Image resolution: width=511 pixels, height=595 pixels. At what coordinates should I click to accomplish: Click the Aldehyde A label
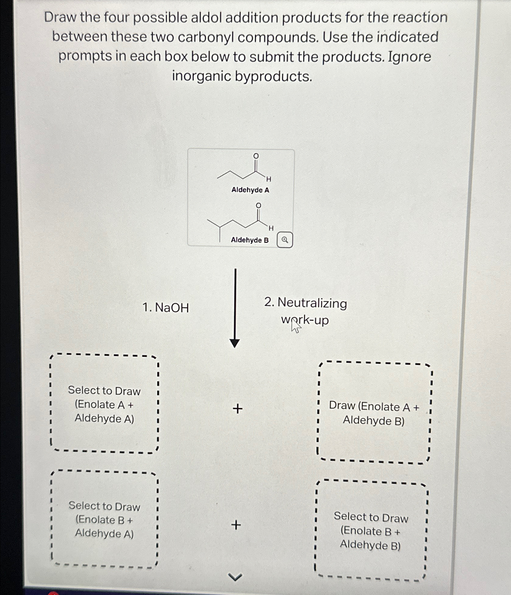[x=250, y=190]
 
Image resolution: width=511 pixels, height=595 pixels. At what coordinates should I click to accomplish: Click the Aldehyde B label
[x=250, y=240]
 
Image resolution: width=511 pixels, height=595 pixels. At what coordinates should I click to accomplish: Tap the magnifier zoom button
[x=285, y=240]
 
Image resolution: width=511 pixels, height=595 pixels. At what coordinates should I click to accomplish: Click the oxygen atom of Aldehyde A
[x=256, y=156]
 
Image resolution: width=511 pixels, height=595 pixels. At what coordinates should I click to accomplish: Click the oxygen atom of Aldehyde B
[x=258, y=206]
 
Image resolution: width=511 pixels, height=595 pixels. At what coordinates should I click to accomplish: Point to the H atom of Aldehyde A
[x=269, y=179]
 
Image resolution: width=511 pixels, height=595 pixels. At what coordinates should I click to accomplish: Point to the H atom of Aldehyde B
[x=271, y=228]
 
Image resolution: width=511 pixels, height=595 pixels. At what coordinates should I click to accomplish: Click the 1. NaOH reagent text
[x=166, y=308]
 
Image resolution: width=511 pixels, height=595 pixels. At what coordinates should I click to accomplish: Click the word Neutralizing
[x=312, y=303]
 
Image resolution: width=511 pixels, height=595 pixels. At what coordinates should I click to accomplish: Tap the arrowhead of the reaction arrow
[x=235, y=343]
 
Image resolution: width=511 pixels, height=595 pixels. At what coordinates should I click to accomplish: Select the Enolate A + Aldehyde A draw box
[x=104, y=404]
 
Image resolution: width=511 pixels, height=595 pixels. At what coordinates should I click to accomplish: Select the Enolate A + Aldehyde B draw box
[x=374, y=413]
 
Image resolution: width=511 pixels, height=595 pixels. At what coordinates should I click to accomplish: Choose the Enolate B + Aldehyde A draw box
[x=104, y=519]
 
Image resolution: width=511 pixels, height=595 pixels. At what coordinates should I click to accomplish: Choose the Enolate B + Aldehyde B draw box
[x=371, y=531]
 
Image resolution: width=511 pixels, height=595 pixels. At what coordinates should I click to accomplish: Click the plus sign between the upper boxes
[x=238, y=409]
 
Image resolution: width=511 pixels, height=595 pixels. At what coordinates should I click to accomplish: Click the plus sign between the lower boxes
[x=236, y=525]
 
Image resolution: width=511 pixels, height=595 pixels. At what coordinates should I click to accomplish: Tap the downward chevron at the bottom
[x=235, y=577]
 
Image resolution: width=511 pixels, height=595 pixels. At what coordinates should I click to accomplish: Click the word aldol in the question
[x=207, y=18]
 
